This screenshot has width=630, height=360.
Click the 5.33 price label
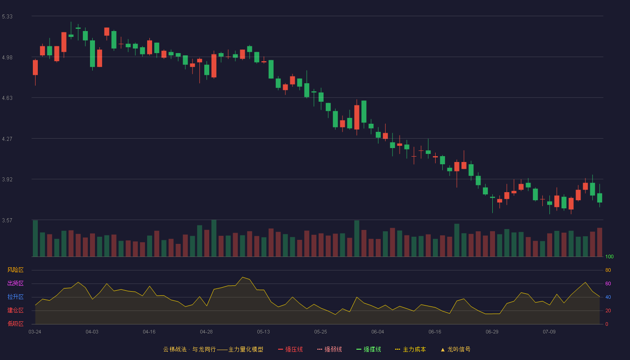coord(7,17)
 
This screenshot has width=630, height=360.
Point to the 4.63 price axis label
coord(7,98)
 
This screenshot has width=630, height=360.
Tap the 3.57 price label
coord(7,220)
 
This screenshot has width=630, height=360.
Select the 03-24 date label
coord(35,332)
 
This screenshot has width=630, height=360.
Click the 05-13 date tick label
coord(263,332)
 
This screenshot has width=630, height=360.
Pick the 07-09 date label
coord(549,332)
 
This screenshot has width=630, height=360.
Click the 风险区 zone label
coord(15,270)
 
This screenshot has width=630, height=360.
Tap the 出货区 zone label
coord(15,283)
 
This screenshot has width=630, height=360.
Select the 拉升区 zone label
coord(15,297)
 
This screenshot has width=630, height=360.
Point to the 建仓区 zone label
coord(15,310)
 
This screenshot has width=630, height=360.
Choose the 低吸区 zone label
coord(15,324)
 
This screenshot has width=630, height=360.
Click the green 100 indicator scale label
coord(609,256)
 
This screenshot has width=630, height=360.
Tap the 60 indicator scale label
coord(608,283)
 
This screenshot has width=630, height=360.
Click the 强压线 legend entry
coord(290,349)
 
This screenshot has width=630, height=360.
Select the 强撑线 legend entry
coord(369,349)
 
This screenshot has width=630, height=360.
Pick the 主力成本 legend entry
coord(410,349)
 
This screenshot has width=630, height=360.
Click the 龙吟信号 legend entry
coord(455,349)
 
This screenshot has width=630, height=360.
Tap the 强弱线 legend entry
coord(329,349)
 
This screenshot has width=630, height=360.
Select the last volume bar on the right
coord(599,242)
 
